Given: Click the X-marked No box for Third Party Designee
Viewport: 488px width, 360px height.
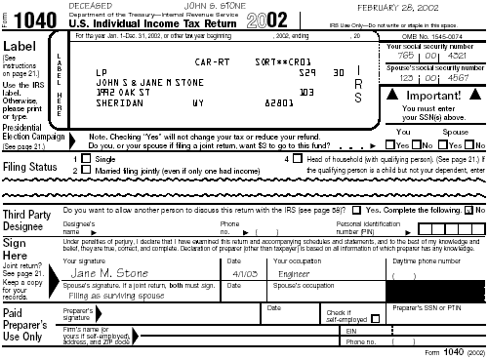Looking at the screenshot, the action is (469, 211).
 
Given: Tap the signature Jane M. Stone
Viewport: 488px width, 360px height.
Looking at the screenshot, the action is (109, 275).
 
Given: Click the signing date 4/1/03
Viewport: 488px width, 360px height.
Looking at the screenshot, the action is (239, 275).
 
